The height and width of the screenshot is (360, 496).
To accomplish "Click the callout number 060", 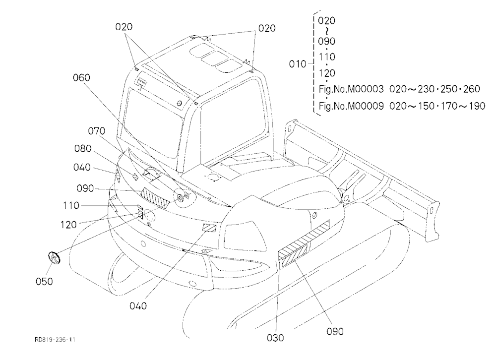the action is pos(81,78).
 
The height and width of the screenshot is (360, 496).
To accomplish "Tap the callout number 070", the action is pos(96,131).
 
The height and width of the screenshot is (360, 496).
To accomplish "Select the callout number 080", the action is pos(83,148).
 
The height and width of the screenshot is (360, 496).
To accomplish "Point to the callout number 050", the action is pos(44,281).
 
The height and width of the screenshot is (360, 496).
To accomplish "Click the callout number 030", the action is pos(275,338).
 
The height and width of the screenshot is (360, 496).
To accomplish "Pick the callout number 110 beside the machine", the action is pos(71,206).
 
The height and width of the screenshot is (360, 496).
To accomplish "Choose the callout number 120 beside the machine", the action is pos(68,225).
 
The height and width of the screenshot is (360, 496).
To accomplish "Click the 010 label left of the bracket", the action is pos(297,64).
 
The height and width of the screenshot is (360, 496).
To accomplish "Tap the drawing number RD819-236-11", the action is pos(55,340).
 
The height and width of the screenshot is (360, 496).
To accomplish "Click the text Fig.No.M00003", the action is pos(351,89).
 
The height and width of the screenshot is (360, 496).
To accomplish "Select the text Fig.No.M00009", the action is pos(351,106).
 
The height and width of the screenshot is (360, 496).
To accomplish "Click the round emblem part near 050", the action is pos(54,257).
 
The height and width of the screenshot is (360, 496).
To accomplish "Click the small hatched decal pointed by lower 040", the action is pos(209,227).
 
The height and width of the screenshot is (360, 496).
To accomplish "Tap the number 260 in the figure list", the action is pos(471,89).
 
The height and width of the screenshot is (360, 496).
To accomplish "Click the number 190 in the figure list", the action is pos(476,106).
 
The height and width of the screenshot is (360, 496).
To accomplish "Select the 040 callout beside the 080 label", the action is pos(82,167).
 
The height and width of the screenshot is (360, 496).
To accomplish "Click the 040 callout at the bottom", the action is pos(138,306).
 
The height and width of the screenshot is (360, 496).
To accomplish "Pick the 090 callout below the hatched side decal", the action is pos(335,332).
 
